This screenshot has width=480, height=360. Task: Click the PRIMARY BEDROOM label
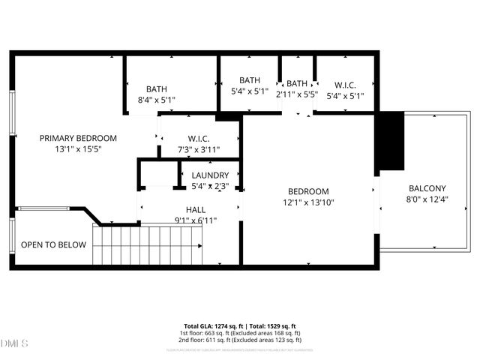(x=78, y=138)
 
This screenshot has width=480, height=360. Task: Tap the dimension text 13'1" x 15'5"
(x=78, y=149)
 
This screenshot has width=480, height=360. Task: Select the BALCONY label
(x=427, y=188)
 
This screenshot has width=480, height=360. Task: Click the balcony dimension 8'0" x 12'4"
(x=427, y=199)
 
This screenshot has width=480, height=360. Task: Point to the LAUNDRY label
(x=210, y=175)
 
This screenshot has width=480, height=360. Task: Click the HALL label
(x=196, y=210)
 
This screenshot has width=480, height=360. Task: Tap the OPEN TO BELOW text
(x=53, y=245)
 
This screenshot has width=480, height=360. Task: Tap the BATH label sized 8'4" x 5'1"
(x=157, y=88)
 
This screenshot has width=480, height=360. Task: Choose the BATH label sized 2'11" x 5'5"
(x=297, y=83)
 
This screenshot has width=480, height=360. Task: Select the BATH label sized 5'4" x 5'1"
(x=250, y=80)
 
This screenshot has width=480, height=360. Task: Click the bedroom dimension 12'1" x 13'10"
(x=307, y=202)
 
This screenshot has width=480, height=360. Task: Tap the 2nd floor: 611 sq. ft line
(x=240, y=340)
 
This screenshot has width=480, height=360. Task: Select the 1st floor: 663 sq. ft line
(x=240, y=333)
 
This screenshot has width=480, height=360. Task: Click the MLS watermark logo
(x=14, y=343)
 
